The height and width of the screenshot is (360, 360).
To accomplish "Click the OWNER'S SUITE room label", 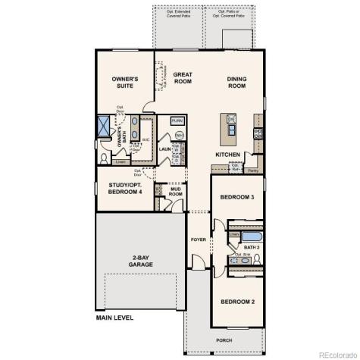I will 124,82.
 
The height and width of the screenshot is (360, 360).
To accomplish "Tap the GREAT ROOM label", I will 183,78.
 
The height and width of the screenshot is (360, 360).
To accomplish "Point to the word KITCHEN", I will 228,155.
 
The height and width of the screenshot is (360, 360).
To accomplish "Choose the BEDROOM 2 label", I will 237,302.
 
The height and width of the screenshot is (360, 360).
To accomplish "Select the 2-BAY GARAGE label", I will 141,261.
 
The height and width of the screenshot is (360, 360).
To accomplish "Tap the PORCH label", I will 224,340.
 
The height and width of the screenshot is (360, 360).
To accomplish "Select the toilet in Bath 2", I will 257,259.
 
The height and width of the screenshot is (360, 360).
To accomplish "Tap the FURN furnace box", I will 177,121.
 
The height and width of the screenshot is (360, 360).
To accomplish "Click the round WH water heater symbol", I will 180,135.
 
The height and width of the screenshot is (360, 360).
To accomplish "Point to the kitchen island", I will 228,130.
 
